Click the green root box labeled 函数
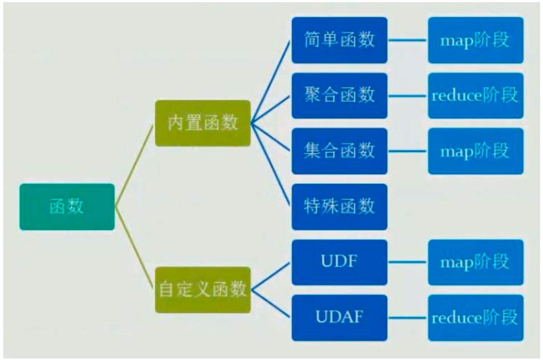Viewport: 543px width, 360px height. pyautogui.click(x=67, y=207)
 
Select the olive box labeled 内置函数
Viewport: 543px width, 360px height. pyautogui.click(x=202, y=123)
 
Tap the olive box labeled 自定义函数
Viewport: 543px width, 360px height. pyautogui.click(x=202, y=289)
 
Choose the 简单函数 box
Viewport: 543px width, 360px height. pyautogui.click(x=339, y=40)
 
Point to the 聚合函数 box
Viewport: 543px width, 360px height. pyautogui.click(x=339, y=96)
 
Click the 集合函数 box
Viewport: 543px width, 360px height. pyautogui.click(x=339, y=151)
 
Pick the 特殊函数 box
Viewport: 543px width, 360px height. pyautogui.click(x=339, y=207)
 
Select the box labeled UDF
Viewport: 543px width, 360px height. pyautogui.click(x=339, y=262)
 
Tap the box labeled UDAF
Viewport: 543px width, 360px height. pyautogui.click(x=339, y=317)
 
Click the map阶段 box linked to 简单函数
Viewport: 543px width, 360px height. pyautogui.click(x=475, y=40)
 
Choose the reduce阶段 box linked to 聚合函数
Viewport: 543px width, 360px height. pyautogui.click(x=475, y=96)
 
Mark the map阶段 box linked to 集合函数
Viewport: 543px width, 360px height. pyautogui.click(x=475, y=151)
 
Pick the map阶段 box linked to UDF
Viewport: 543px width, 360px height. pyautogui.click(x=475, y=262)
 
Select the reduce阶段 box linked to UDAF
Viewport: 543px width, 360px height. pyautogui.click(x=475, y=317)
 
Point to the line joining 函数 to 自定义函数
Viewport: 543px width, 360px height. pyautogui.click(x=134, y=248)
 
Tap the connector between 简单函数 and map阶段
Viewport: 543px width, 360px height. pyautogui.click(x=407, y=40)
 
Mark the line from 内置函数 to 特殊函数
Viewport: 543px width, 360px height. pyautogui.click(x=271, y=165)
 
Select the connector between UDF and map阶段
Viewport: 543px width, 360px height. pyautogui.click(x=407, y=262)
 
